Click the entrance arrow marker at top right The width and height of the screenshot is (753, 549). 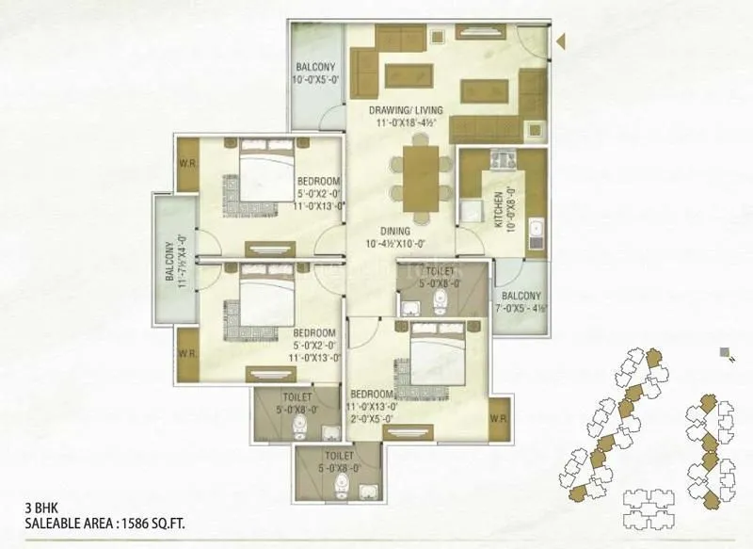pyautogui.click(x=559, y=41)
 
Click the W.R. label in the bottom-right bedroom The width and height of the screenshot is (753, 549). pyautogui.click(x=498, y=416)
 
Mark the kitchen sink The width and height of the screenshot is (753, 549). pyautogui.click(x=535, y=231)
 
